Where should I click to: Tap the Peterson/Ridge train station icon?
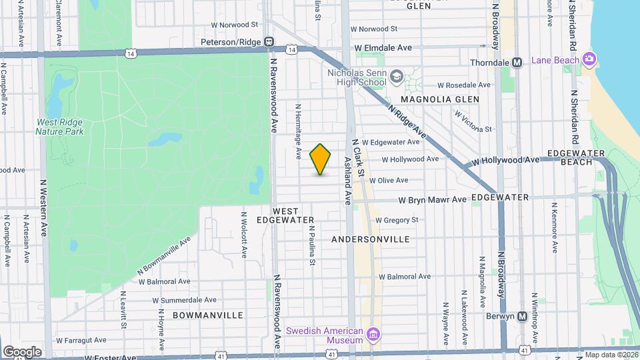269,42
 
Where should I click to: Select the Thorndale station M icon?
516,63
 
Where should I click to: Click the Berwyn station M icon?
523,316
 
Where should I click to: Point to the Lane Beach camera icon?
589,59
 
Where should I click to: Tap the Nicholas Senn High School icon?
397,77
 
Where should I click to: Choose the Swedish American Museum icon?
373,333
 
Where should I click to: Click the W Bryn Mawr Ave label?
433,199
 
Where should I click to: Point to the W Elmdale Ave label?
383,48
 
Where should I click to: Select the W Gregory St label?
397,220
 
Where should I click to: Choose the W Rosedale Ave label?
463,85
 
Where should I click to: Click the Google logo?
22,352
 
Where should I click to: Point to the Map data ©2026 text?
611,355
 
